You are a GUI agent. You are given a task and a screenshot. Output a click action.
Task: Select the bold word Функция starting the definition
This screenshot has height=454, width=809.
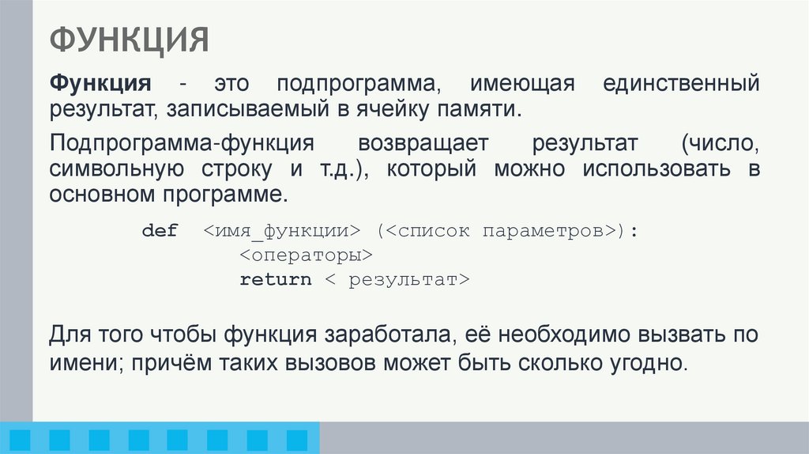click(101, 85)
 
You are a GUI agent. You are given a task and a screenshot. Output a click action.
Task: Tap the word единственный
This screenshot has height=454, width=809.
click(681, 85)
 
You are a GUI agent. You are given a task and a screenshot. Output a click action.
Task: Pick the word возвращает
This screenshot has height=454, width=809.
click(423, 145)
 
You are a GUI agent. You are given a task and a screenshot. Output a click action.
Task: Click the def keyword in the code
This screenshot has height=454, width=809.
click(160, 231)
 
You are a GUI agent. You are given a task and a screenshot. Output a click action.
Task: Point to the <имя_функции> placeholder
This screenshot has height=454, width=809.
click(281, 231)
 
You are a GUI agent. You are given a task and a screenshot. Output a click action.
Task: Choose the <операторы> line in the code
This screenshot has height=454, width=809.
click(305, 255)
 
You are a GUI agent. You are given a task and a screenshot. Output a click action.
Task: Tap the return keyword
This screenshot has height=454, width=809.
click(276, 280)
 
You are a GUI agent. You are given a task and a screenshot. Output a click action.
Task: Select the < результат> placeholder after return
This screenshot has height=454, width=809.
click(398, 280)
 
